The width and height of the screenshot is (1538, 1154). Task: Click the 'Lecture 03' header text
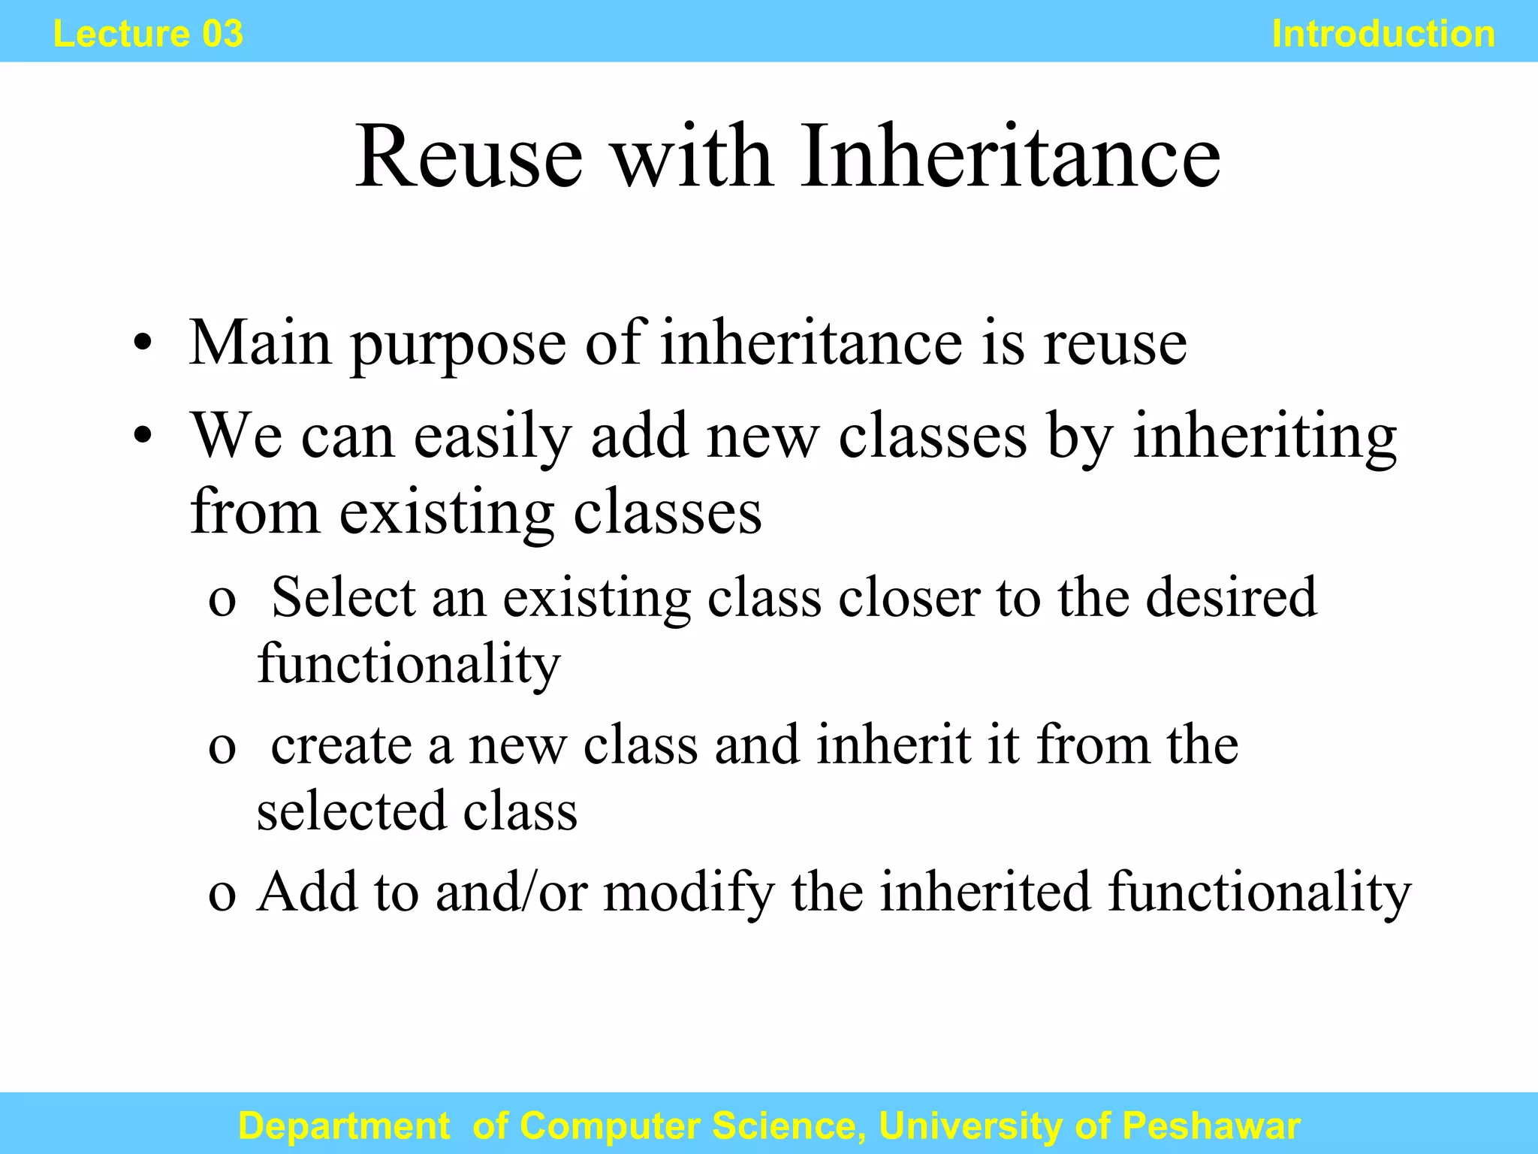148,34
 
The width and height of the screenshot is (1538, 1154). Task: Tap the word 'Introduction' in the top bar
1383,34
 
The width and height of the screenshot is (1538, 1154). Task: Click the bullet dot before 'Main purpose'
143,345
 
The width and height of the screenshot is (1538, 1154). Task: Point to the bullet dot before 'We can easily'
143,437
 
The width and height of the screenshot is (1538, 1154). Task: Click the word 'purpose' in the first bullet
458,346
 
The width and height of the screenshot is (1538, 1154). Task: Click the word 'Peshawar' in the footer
1211,1125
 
